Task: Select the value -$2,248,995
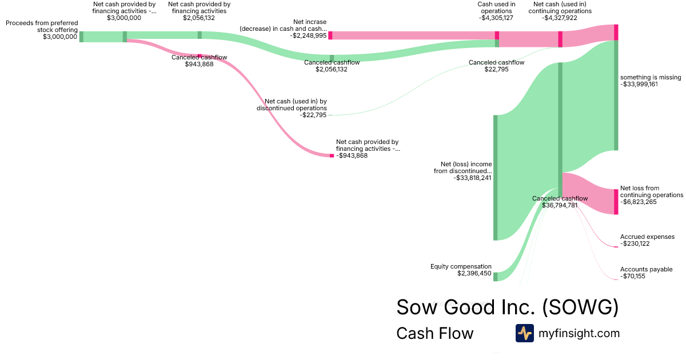tap(308, 35)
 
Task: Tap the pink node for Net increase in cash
tap(330, 35)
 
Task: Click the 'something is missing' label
tap(651, 78)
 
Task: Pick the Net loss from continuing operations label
tap(651, 191)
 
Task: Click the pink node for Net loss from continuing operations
tap(616, 202)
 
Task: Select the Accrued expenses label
tap(647, 237)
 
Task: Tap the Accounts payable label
tap(646, 269)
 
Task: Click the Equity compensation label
tap(461, 266)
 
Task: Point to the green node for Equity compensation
tap(496, 277)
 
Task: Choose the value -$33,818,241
tap(473, 178)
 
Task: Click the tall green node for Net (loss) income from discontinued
tap(496, 177)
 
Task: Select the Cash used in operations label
tap(496, 7)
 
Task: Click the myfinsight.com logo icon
tap(524, 333)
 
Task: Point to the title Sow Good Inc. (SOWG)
tap(507, 307)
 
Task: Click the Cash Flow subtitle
tap(434, 334)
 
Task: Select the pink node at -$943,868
tap(332, 155)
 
